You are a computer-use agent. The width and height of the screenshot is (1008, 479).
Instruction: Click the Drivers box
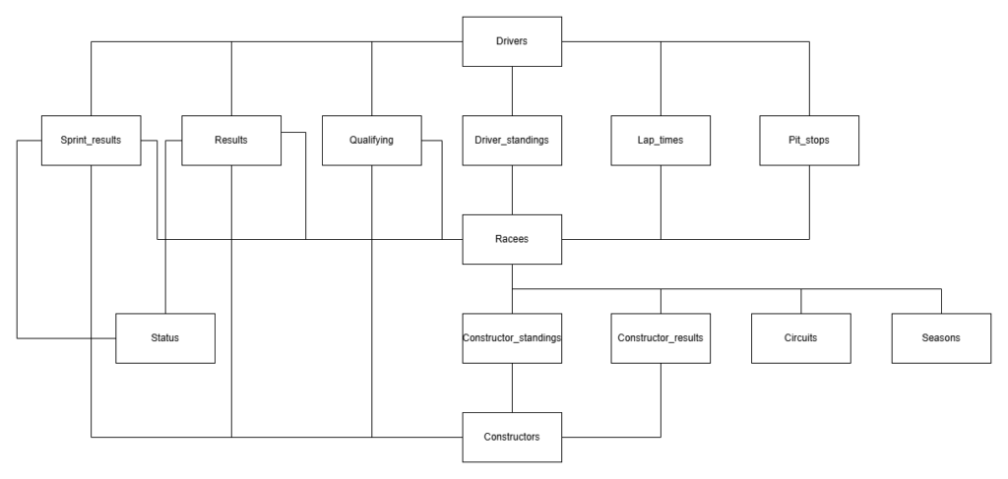(512, 41)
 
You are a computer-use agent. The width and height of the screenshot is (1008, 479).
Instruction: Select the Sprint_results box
(91, 140)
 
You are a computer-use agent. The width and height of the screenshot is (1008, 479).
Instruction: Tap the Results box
(230, 140)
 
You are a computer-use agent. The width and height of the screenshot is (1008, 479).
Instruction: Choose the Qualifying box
(371, 140)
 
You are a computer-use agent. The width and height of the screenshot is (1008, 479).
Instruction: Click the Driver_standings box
(512, 140)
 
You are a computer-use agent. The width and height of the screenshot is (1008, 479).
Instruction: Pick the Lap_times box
(660, 140)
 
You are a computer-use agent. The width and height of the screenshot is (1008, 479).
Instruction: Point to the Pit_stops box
(809, 140)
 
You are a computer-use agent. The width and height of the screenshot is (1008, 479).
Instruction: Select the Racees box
(512, 239)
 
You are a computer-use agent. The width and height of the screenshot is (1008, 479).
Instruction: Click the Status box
(165, 337)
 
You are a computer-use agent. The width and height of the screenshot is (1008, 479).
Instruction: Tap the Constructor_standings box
(512, 337)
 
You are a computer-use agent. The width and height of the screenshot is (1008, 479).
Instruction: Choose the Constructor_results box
(660, 337)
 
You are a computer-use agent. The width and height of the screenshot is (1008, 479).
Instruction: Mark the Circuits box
(800, 337)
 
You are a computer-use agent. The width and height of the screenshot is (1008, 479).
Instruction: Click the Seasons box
(941, 337)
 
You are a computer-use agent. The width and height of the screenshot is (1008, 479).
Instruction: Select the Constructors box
(512, 436)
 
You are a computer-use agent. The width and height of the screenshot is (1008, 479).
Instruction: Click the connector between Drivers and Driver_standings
(512, 90)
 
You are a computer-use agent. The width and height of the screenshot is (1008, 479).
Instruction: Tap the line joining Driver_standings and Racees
(512, 189)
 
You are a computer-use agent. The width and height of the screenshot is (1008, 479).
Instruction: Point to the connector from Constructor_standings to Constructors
(512, 387)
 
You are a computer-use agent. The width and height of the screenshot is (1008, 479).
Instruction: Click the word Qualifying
(371, 140)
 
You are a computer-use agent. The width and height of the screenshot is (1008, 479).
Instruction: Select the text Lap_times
(660, 140)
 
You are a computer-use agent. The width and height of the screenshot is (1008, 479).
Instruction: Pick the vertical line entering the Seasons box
(942, 301)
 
